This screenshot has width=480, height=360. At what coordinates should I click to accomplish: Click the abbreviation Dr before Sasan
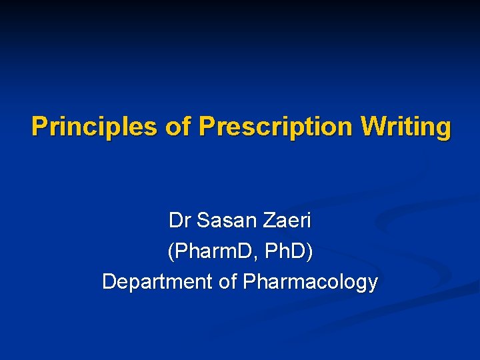tap(179, 220)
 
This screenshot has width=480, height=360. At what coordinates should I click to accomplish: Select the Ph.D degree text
tap(286, 251)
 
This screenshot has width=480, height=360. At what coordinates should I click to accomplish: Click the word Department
tap(157, 282)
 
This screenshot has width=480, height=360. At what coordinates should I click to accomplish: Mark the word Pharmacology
tap(310, 282)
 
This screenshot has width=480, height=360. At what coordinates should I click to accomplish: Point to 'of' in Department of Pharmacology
tap(228, 282)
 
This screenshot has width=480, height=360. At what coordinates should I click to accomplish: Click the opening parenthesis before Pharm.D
tap(171, 252)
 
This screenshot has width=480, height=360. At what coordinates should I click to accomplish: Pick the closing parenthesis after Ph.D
tap(309, 252)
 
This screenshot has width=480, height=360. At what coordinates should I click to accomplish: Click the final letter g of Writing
tap(442, 128)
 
